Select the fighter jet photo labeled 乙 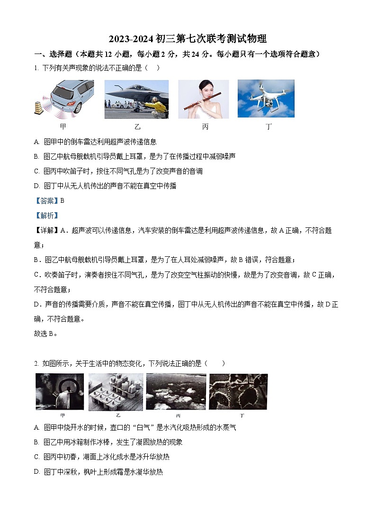(x=136, y=99)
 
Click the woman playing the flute (x=204, y=99)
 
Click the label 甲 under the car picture (x=63, y=126)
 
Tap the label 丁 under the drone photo (x=269, y=126)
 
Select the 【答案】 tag (x=46, y=200)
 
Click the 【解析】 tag (x=46, y=216)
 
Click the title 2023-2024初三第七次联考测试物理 (x=188, y=38)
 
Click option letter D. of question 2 (x=37, y=472)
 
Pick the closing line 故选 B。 (x=46, y=334)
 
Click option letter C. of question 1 (x=37, y=171)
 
